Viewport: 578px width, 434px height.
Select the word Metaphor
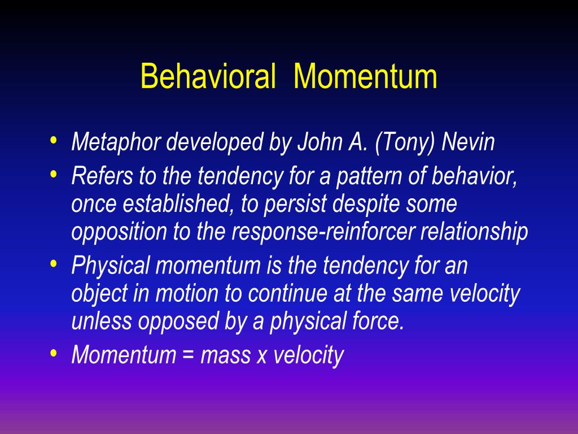coord(116,142)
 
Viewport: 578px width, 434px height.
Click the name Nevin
coord(468,142)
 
